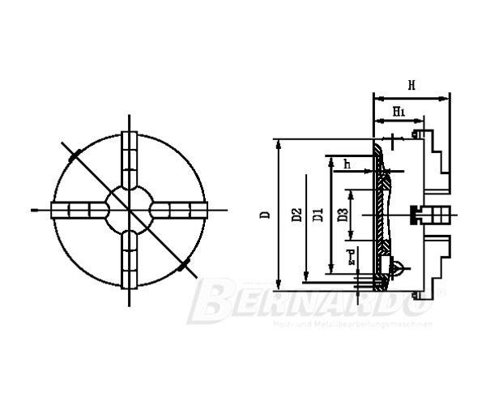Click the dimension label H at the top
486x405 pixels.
pyautogui.click(x=411, y=84)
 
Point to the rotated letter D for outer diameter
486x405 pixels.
pyautogui.click(x=265, y=215)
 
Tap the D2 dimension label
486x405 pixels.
pyautogui.click(x=296, y=215)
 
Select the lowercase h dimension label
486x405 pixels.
pyautogui.click(x=347, y=164)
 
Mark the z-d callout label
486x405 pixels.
pyautogui.click(x=351, y=258)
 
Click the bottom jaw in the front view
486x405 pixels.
pyautogui.click(x=129, y=259)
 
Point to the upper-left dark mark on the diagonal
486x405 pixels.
pyautogui.click(x=74, y=154)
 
